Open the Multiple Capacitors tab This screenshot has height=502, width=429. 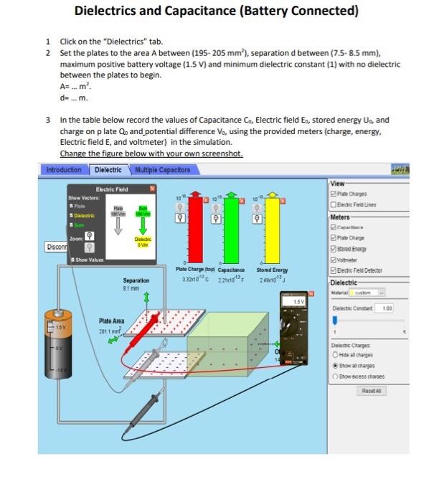point(165,170)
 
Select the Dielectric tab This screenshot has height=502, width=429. point(108,170)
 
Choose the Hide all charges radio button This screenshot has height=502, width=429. point(335,354)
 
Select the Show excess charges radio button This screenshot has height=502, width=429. point(335,375)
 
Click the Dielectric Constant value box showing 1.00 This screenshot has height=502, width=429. point(386,308)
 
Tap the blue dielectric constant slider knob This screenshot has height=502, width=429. point(334,321)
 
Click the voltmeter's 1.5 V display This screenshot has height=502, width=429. point(297,302)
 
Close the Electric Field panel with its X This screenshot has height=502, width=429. point(152,188)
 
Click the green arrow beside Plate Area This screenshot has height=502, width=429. point(111,340)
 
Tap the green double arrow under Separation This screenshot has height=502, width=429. point(148,296)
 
